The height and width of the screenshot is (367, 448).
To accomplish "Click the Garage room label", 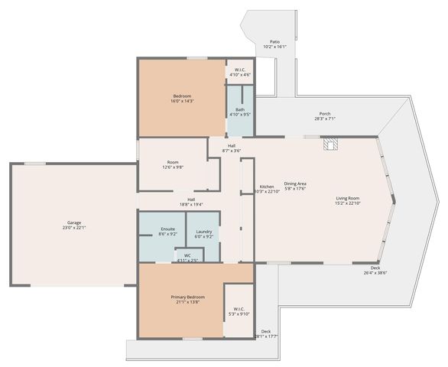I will [x=73, y=225].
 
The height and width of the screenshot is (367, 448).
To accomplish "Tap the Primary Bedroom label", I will [x=184, y=299].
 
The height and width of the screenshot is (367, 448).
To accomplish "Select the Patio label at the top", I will [x=274, y=44].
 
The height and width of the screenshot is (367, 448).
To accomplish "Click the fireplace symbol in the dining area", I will [x=330, y=144].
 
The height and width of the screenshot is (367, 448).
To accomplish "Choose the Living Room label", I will [x=347, y=201].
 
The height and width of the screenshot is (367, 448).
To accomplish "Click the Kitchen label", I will [x=267, y=189].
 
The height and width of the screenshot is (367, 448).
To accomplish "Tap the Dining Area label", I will [x=295, y=186].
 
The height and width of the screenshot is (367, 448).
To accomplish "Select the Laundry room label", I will [x=203, y=233].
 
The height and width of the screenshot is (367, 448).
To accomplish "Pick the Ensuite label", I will [x=168, y=231].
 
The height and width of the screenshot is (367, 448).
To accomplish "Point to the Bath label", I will [x=240, y=112].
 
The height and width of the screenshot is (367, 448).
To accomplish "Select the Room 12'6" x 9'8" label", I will [x=173, y=164].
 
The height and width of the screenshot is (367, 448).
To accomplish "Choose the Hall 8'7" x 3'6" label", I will [x=231, y=148].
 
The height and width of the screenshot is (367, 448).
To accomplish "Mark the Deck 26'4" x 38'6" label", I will [x=375, y=270].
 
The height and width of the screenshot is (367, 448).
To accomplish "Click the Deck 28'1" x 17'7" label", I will [x=265, y=333].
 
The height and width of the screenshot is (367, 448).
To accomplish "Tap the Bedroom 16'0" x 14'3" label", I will [x=181, y=98].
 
